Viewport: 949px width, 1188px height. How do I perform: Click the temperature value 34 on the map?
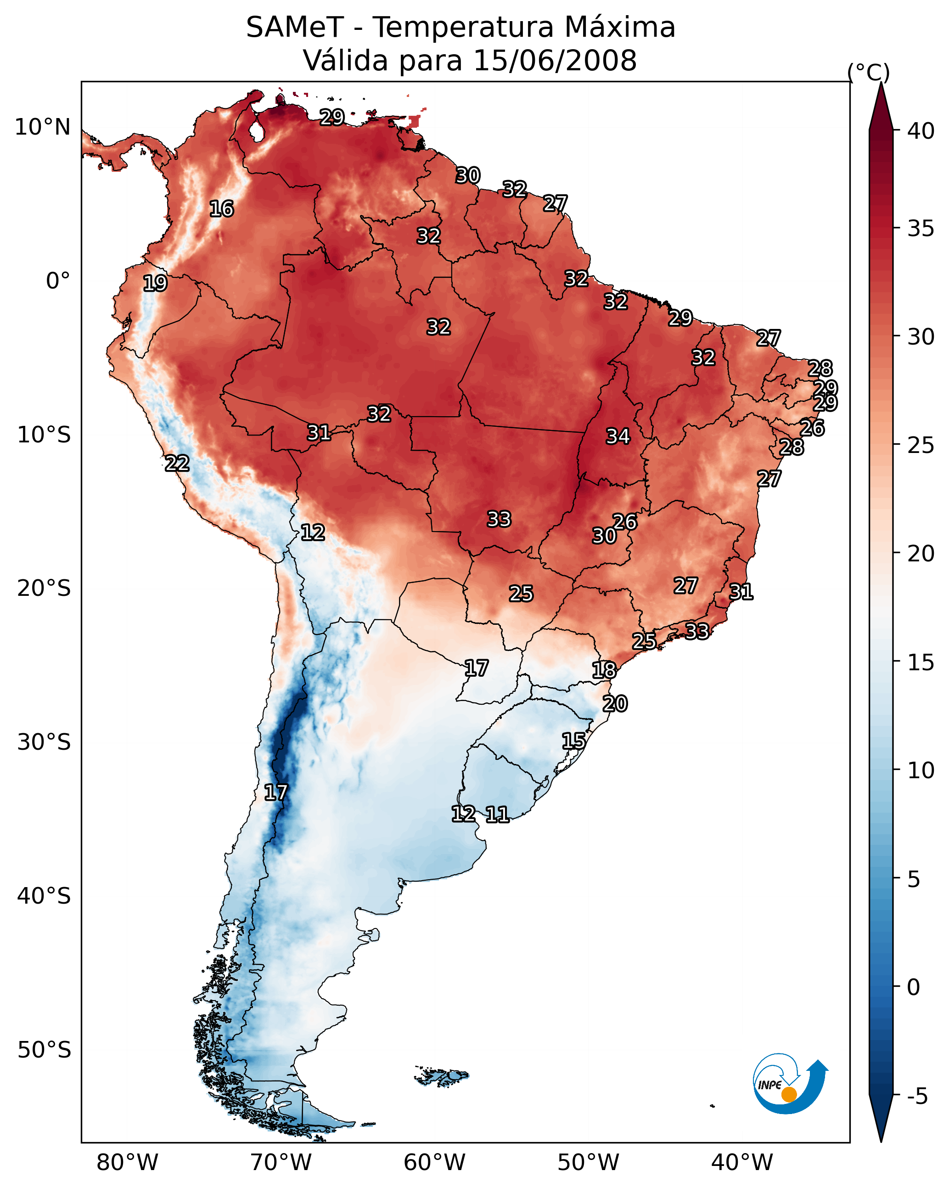tap(618, 436)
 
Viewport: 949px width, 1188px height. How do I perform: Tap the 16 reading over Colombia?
tap(221, 209)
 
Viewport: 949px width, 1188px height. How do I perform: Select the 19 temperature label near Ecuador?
tap(155, 283)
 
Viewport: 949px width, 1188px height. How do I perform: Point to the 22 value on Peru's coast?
tap(177, 464)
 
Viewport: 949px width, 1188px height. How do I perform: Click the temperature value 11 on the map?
tap(497, 815)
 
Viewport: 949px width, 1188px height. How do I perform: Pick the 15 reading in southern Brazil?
tap(573, 741)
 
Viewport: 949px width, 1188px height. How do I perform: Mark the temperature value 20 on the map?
tap(615, 704)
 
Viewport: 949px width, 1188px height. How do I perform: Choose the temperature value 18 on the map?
tap(604, 670)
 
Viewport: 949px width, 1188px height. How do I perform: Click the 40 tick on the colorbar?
tap(921, 131)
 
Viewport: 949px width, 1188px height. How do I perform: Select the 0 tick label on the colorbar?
tap(913, 987)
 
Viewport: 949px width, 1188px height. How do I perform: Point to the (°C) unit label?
tap(869, 72)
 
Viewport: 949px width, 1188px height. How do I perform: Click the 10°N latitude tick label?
tap(42, 127)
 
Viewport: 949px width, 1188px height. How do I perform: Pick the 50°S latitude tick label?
tap(44, 1050)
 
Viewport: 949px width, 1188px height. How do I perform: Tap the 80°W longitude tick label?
tap(127, 1163)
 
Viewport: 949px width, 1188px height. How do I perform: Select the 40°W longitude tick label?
tap(742, 1163)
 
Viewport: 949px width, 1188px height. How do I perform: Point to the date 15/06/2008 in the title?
tap(555, 61)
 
